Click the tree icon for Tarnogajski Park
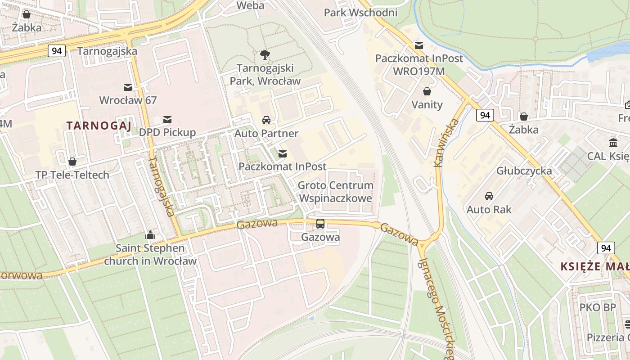265,55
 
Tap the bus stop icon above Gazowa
320,223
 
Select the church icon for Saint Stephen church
150,235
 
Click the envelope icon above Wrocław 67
128,86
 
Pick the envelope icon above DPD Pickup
167,119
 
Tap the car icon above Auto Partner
266,120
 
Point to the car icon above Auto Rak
489,196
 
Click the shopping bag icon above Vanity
427,91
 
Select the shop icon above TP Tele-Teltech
72,162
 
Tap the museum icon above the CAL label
613,143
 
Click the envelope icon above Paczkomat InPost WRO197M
419,45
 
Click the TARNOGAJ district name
99,126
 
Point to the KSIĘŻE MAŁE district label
594,266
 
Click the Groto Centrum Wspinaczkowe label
335,192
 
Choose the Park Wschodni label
360,12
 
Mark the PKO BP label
597,308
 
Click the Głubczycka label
524,171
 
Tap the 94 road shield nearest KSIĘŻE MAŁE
606,248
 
